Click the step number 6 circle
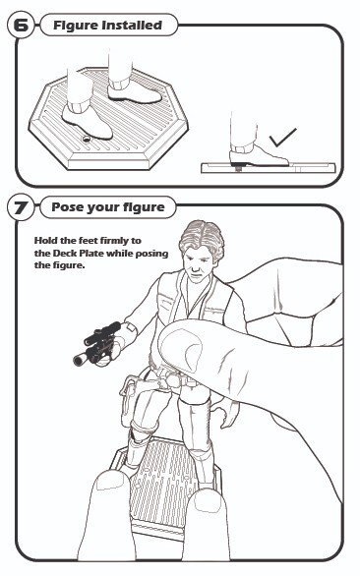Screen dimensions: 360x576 [x=21, y=25]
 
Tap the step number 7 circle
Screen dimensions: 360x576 [x=21, y=207]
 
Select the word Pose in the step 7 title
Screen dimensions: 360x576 [x=66, y=207]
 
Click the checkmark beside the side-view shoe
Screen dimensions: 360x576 [x=282, y=138]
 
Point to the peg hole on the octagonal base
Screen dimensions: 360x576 [x=87, y=139]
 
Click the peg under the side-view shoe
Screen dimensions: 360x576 [x=238, y=168]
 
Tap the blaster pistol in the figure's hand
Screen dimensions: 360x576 [x=97, y=344]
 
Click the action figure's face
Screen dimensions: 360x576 [x=198, y=263]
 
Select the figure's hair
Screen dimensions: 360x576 [x=202, y=237]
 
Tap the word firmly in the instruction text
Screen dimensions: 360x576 [x=114, y=241]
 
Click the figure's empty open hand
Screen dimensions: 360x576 [x=227, y=413]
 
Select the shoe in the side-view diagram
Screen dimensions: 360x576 [x=258, y=155]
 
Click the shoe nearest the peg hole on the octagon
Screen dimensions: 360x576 [x=87, y=120]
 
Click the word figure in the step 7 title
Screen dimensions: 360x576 [x=145, y=208]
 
